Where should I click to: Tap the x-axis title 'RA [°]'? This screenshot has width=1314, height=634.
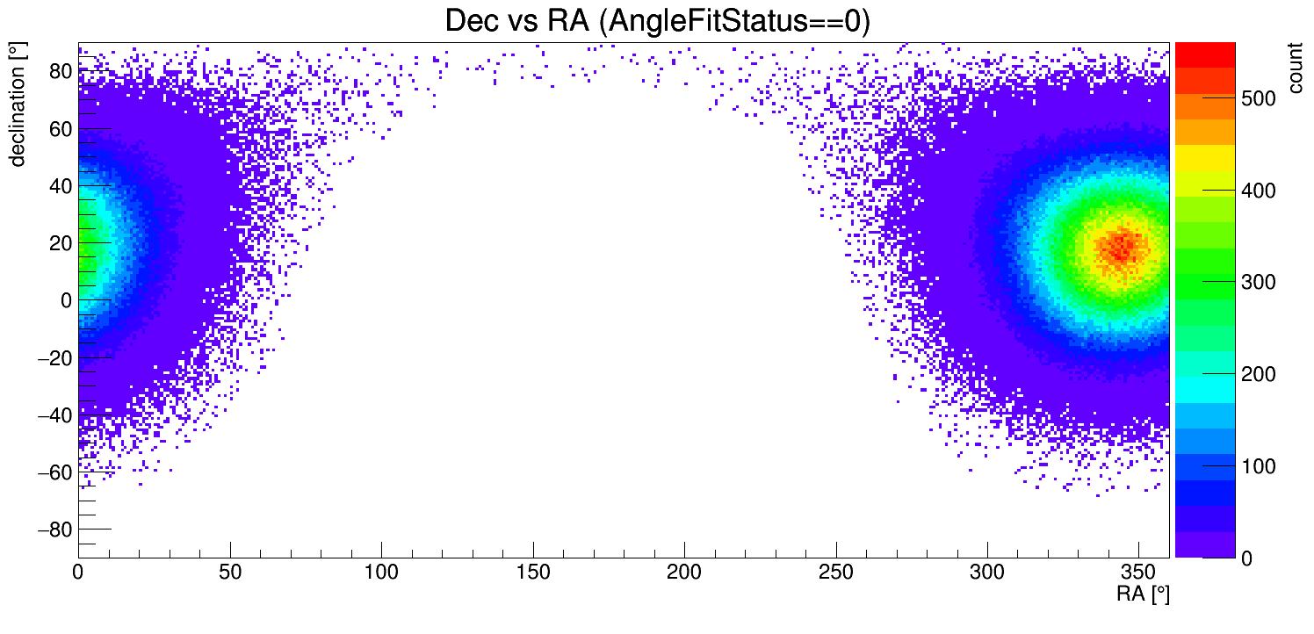click(1143, 594)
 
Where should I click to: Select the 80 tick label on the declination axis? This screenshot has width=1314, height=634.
click(61, 72)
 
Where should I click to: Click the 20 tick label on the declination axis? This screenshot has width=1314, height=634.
click(61, 243)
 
